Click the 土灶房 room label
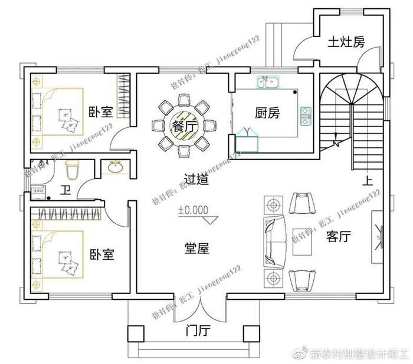(346, 42)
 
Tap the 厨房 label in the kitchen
(267, 113)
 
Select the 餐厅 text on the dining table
(183, 125)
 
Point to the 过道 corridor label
(196, 180)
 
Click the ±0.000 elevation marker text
(194, 209)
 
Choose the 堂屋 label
(196, 249)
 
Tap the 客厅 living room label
(339, 237)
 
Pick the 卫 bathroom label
(65, 190)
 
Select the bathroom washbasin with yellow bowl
(114, 168)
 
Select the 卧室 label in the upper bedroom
(101, 112)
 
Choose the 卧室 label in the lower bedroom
(101, 254)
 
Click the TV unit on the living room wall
(376, 239)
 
